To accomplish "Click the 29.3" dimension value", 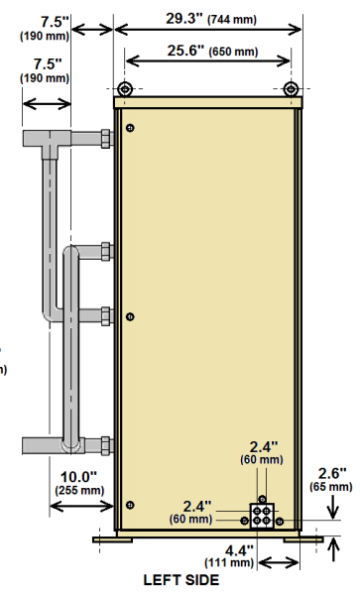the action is (184, 19).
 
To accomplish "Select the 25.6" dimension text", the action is (185, 51).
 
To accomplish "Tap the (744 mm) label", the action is (232, 20).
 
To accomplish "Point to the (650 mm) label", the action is (233, 52).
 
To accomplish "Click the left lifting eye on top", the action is (124, 89).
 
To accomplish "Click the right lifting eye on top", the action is (291, 89).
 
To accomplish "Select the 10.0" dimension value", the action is (78, 476).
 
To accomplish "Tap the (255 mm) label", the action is (79, 490).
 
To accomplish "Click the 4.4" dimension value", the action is (239, 550).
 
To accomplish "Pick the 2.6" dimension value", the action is (332, 473).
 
